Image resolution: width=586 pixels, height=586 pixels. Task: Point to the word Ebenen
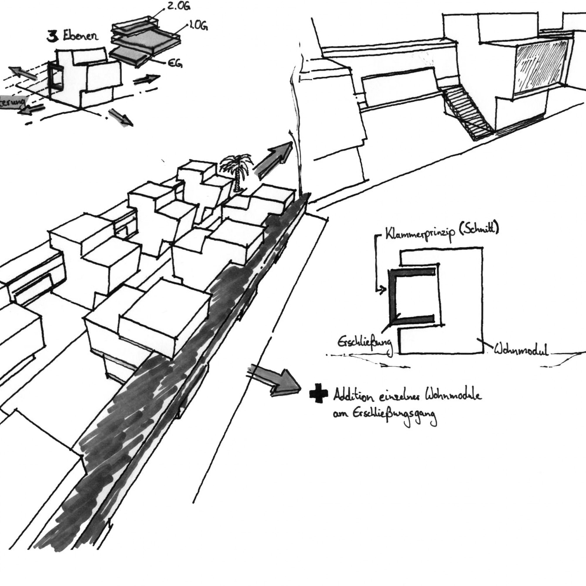(81, 36)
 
